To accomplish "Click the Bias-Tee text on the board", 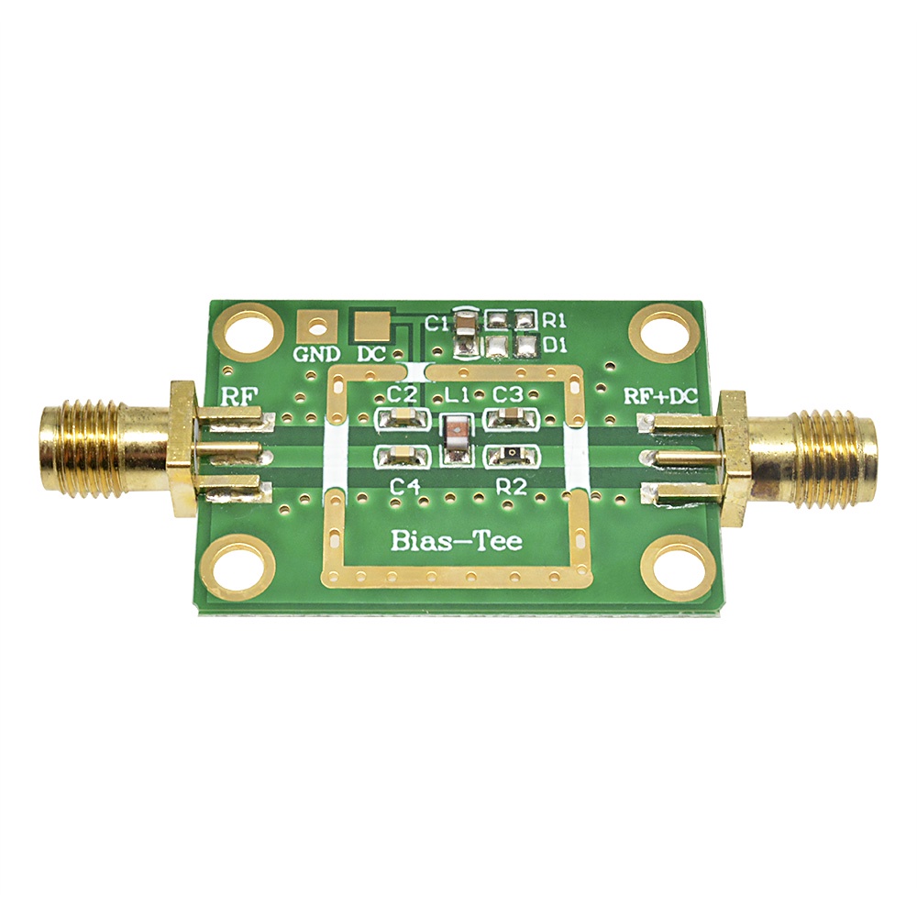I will coord(457,540).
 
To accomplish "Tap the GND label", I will coord(316,354).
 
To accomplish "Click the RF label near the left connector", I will coord(240,395).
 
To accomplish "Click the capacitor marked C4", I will coord(401,456).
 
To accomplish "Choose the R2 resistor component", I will coord(509,455).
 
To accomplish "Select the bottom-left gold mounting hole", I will coord(238,566).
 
